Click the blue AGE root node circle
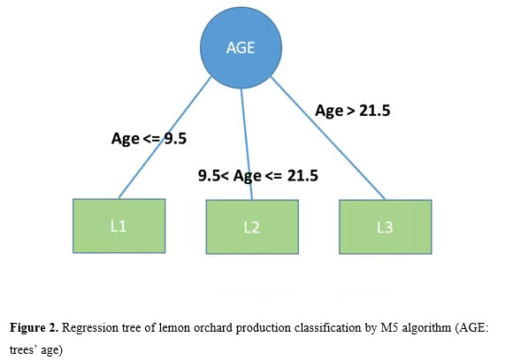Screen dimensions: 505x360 click(241, 48)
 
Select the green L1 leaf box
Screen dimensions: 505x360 click(119, 226)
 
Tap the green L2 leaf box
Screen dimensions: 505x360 click(252, 227)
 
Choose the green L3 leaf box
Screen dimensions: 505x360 click(386, 227)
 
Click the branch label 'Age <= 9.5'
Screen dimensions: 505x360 click(149, 139)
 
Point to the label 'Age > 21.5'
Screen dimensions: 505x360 click(353, 111)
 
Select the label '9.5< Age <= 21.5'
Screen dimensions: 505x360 click(258, 176)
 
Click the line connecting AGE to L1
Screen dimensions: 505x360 click(165, 137)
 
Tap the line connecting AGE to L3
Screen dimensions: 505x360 click(328, 138)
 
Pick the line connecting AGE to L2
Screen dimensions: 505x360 click(247, 144)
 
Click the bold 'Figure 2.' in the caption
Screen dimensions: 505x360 click(34, 328)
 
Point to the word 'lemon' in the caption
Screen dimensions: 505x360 click(175, 328)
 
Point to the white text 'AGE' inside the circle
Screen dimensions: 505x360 click(241, 48)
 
